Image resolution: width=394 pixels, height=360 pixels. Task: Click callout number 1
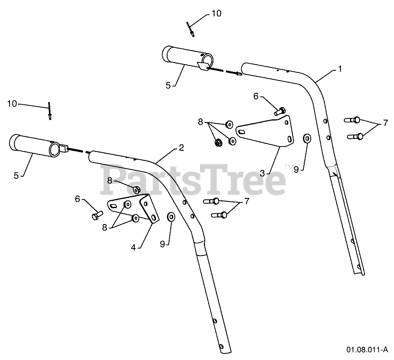coord(339,69)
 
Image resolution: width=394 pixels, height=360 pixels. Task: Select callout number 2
coord(181,148)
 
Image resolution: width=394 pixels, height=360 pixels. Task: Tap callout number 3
coord(262,173)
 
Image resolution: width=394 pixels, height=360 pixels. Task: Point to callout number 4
coord(134,247)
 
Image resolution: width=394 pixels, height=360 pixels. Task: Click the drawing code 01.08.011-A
coord(367,349)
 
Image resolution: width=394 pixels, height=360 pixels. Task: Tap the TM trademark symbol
coord(287,167)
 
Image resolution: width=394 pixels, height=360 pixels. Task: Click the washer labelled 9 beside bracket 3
coord(307,139)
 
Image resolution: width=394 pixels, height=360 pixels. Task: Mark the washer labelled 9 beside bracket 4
coord(171,217)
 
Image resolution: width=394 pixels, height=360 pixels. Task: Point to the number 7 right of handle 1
coord(385,123)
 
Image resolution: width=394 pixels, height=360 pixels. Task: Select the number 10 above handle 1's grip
coord(216,13)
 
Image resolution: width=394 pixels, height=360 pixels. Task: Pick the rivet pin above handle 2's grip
coord(50,111)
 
